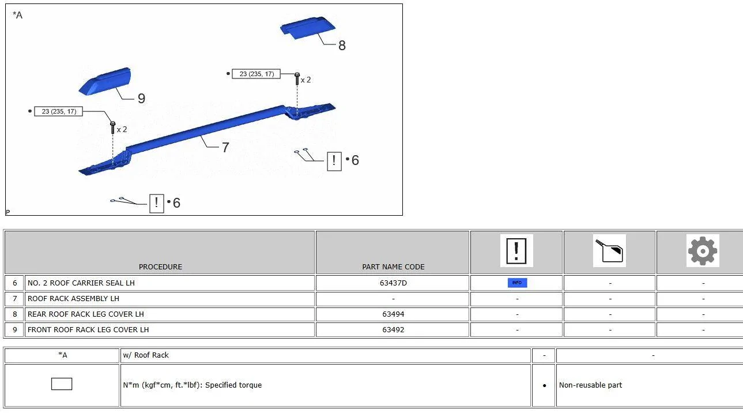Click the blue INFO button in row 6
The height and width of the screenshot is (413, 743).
click(517, 283)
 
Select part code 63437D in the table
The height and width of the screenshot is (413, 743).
click(393, 283)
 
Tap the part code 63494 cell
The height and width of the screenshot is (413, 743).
click(393, 314)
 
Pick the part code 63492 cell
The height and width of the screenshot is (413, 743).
click(393, 330)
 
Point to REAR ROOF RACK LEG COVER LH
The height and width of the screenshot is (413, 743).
click(85, 314)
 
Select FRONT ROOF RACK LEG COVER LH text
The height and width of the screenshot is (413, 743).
click(88, 330)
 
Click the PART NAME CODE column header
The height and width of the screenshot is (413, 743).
click(393, 266)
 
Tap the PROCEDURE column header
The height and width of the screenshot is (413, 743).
click(160, 266)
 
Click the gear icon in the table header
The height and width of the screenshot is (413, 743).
click(703, 251)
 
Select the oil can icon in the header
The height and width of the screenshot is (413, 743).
click(609, 251)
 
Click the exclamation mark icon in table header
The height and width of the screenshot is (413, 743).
click(516, 251)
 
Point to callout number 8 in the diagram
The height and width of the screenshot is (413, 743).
click(342, 46)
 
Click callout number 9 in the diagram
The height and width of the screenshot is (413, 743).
click(141, 99)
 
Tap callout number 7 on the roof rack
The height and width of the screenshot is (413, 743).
click(225, 148)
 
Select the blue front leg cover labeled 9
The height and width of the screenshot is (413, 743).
click(105, 81)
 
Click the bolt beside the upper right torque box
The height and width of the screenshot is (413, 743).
click(297, 78)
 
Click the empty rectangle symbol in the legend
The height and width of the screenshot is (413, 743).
click(62, 384)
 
